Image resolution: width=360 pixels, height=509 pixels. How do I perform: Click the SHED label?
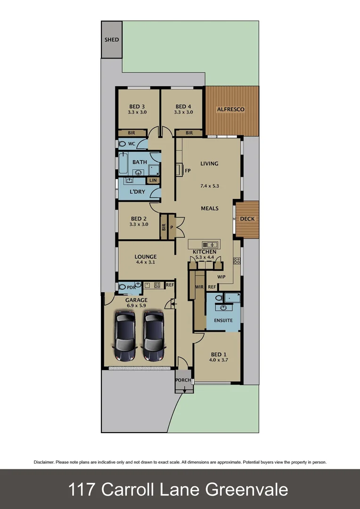pyautogui.click(x=111, y=40)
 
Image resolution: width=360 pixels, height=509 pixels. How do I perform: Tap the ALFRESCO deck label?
pyautogui.click(x=230, y=109)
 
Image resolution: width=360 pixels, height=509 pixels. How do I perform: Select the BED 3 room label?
pyautogui.click(x=137, y=107)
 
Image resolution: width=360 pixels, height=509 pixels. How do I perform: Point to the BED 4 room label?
pyautogui.click(x=183, y=107)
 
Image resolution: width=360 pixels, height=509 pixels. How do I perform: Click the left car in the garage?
pyautogui.click(x=126, y=336)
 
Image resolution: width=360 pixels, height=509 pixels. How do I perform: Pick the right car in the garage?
pyautogui.click(x=154, y=336)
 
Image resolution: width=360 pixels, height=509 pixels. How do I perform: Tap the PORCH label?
pyautogui.click(x=183, y=380)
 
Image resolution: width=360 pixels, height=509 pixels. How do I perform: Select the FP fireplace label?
pyautogui.click(x=188, y=171)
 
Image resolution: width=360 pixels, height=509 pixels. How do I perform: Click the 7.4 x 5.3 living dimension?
pyautogui.click(x=210, y=186)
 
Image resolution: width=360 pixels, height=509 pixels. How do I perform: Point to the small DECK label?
pyautogui.click(x=247, y=219)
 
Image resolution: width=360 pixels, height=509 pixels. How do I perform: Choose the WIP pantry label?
pyautogui.click(x=221, y=277)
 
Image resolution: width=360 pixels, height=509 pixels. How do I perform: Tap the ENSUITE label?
pyautogui.click(x=223, y=320)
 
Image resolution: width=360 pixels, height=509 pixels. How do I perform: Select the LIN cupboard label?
pyautogui.click(x=153, y=181)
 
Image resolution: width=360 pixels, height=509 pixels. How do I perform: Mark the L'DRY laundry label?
pyautogui.click(x=138, y=192)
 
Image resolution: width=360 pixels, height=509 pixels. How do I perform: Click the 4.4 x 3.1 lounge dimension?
pyautogui.click(x=146, y=263)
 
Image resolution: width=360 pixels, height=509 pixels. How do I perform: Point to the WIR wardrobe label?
pyautogui.click(x=199, y=287)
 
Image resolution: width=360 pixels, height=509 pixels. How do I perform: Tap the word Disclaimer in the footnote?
pyautogui.click(x=44, y=462)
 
